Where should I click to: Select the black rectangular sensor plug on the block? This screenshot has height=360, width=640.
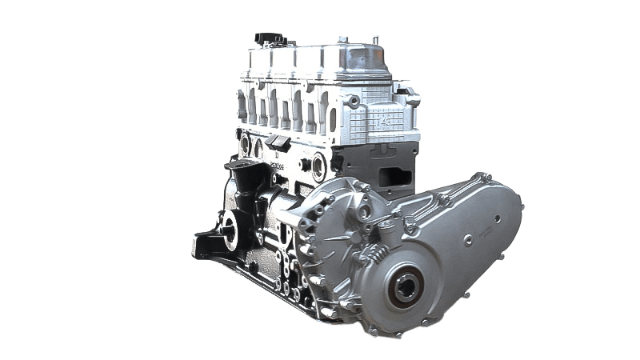point(279,142)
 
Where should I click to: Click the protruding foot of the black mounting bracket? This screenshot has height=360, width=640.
point(202,240)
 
